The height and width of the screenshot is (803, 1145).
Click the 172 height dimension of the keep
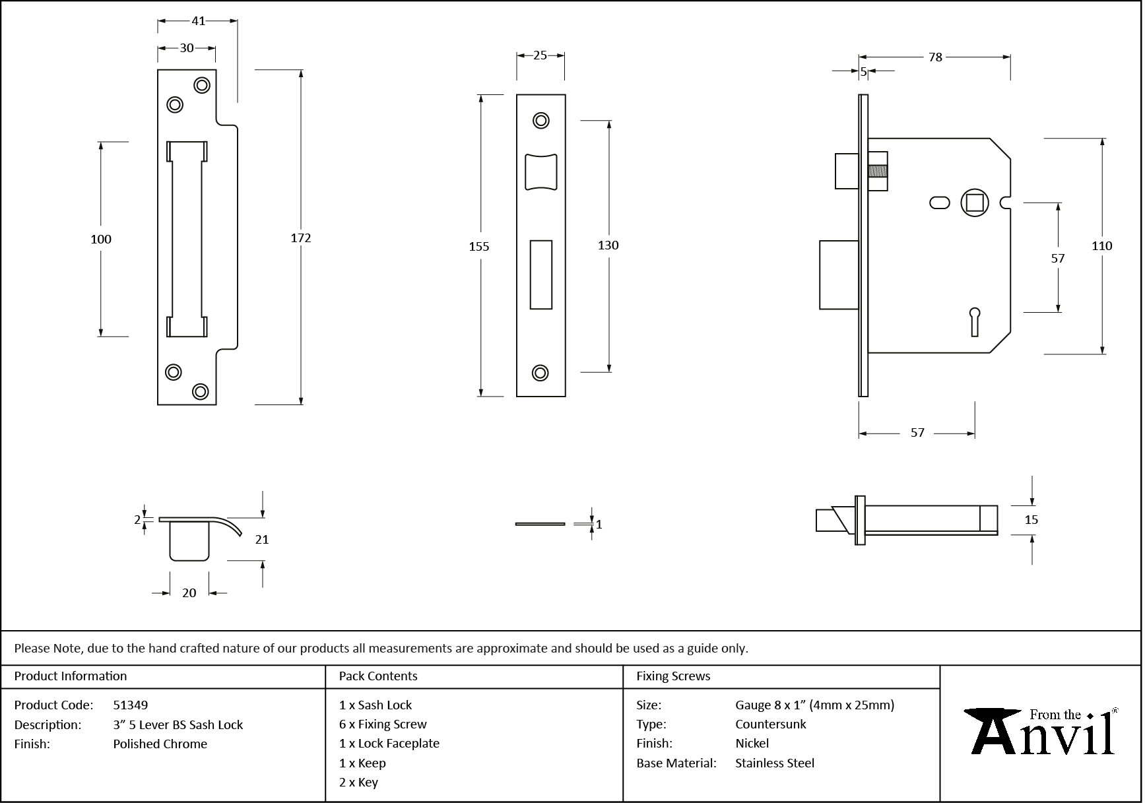pyautogui.click(x=301, y=238)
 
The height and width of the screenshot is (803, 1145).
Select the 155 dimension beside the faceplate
pyautogui.click(x=479, y=247)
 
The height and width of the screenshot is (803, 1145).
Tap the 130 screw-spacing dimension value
pyautogui.click(x=608, y=245)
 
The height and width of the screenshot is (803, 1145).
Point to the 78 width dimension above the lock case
pyautogui.click(x=935, y=57)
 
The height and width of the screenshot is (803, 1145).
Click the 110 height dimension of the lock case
pyautogui.click(x=1101, y=246)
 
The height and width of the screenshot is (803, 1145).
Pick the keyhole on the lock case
pyautogui.click(x=974, y=321)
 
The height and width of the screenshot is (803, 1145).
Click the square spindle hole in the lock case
pyautogui.click(x=975, y=202)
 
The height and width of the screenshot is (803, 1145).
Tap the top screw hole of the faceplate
pyautogui.click(x=541, y=121)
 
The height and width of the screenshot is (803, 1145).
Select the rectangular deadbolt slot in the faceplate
pyautogui.click(x=541, y=274)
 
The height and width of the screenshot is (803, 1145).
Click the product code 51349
pyautogui.click(x=131, y=705)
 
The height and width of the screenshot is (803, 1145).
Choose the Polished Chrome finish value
pyautogui.click(x=160, y=744)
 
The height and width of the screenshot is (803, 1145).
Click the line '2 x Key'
pyautogui.click(x=358, y=783)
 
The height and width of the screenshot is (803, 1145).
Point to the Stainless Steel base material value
pyautogui.click(x=775, y=763)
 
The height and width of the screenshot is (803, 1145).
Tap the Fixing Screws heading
pyautogui.click(x=673, y=676)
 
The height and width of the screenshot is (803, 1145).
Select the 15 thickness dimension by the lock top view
pyautogui.click(x=1031, y=520)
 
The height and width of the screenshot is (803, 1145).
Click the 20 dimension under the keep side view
pyautogui.click(x=189, y=593)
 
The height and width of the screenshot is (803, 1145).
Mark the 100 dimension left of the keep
pyautogui.click(x=101, y=240)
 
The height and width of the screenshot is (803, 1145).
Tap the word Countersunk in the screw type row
pyautogui.click(x=771, y=724)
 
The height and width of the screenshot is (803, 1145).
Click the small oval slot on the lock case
pyautogui.click(x=939, y=203)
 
